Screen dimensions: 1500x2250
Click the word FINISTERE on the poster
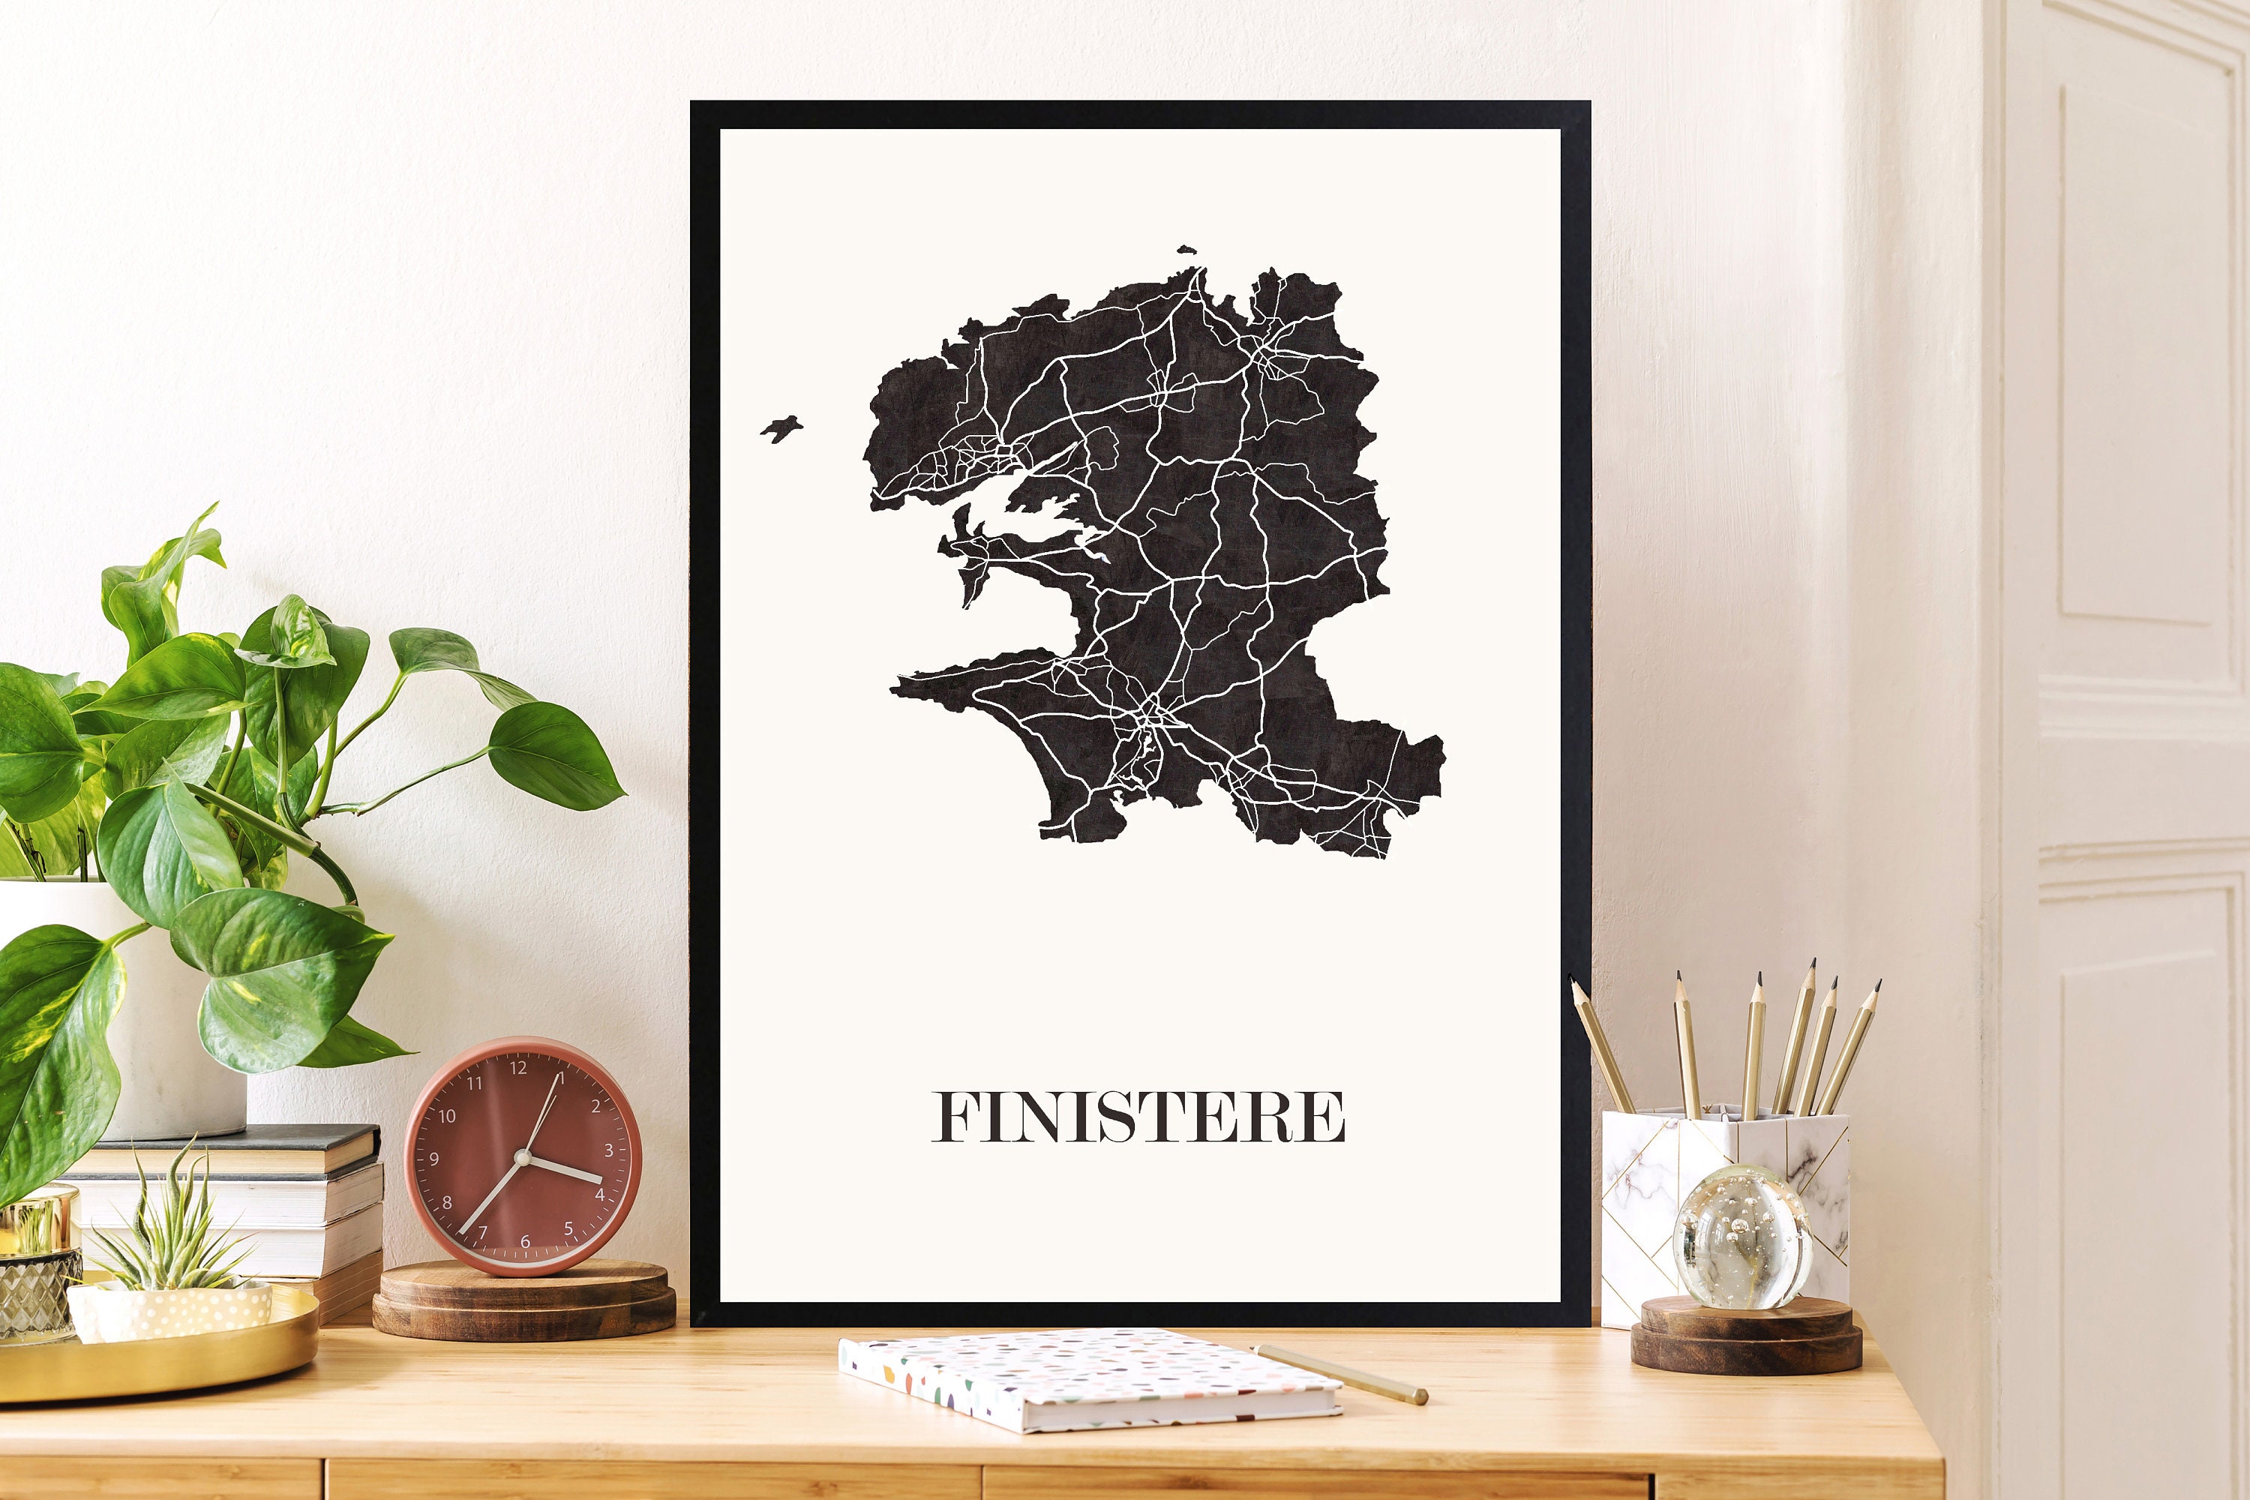[1138, 1117]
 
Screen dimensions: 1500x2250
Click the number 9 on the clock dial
[434, 1159]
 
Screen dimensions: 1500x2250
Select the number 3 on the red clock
[608, 1150]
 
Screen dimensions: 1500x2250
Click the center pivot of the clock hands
[522, 1157]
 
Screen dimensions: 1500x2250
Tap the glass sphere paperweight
[1741, 1236]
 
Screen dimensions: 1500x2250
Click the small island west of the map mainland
[781, 427]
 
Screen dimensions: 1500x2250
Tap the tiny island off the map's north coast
[1186, 250]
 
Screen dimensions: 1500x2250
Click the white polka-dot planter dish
[172, 1309]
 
